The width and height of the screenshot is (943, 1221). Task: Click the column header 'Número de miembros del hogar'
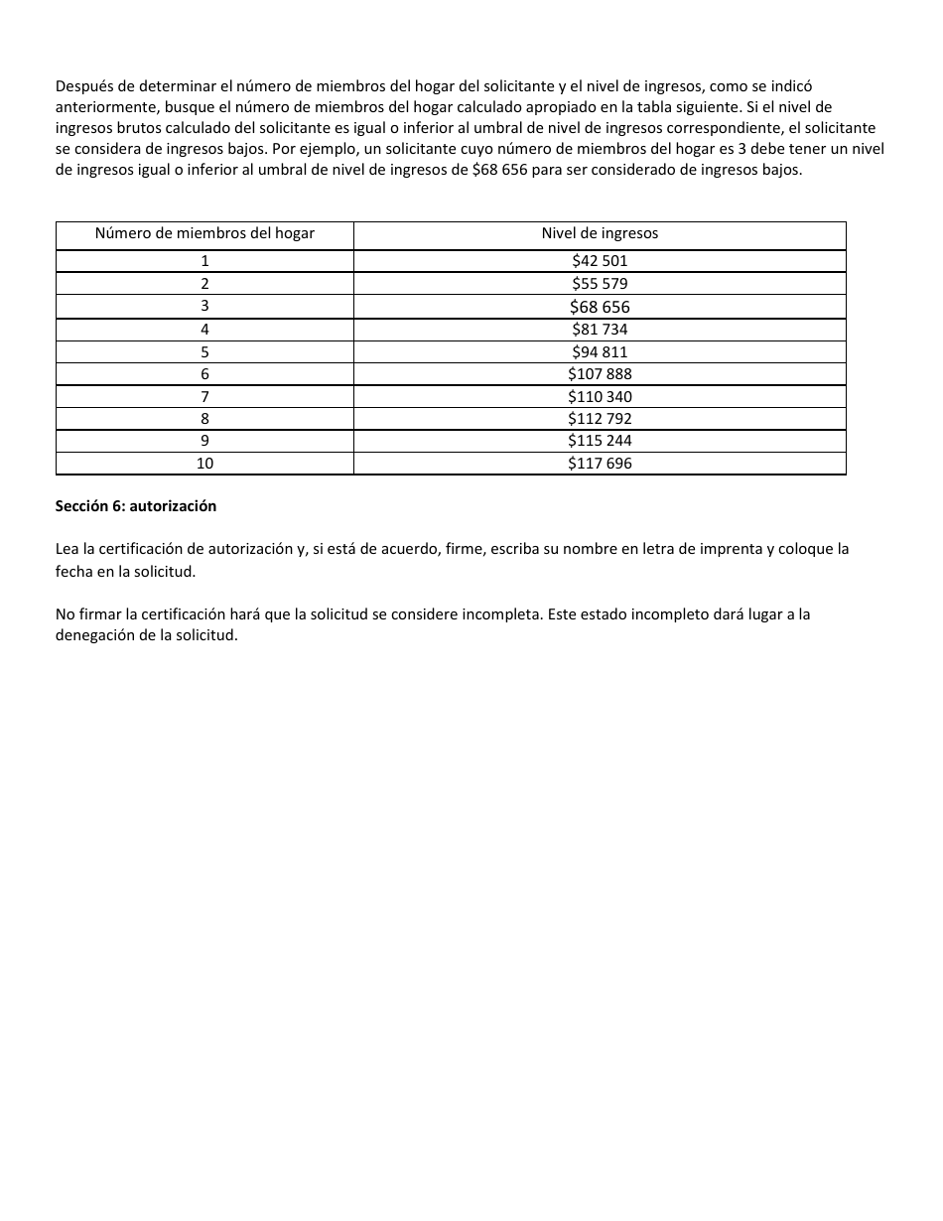[204, 234]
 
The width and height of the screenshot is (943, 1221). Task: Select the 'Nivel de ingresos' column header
[600, 234]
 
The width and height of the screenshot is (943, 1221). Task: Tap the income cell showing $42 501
[600, 261]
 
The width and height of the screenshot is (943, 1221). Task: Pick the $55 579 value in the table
[600, 284]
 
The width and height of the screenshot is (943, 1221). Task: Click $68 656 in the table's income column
[600, 307]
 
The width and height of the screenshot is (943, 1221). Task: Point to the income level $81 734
[600, 330]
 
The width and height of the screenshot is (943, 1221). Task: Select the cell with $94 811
[600, 352]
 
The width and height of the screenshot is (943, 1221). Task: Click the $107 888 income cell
[600, 374]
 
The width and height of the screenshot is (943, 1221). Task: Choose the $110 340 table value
[600, 397]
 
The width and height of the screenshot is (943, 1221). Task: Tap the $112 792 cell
[600, 419]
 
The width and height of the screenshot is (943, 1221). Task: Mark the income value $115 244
[600, 441]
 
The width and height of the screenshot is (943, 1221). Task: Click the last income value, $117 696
[600, 464]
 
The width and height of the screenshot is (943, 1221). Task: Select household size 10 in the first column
[204, 464]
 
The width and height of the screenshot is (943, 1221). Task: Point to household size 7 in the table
[204, 397]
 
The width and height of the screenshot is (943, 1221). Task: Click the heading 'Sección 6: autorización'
[136, 506]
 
